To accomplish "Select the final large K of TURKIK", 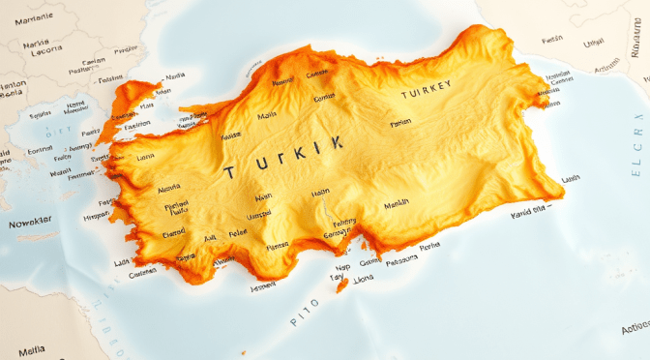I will [x=336, y=143].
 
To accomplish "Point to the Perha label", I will [x=430, y=245].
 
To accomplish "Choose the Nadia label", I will [x=175, y=75].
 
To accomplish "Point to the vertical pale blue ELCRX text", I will [x=636, y=146].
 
